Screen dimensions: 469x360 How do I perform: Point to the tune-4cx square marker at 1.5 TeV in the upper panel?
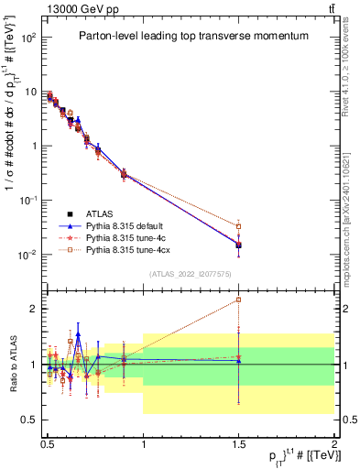239,226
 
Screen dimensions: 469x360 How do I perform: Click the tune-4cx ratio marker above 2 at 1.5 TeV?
239,300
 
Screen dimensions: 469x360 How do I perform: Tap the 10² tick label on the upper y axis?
29,38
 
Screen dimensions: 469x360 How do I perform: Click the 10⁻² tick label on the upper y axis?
28,255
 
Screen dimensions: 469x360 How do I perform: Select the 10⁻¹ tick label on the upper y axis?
28,201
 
